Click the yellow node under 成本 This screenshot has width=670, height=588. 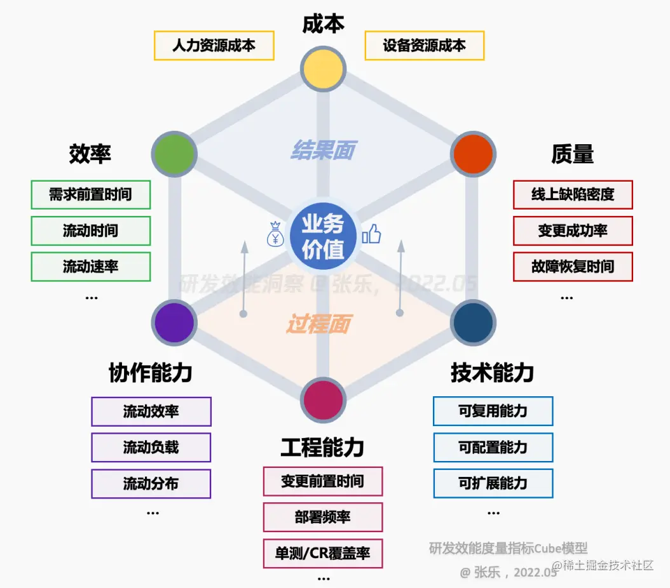(x=323, y=68)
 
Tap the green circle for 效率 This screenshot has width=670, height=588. (x=174, y=153)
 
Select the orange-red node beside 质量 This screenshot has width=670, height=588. (x=473, y=153)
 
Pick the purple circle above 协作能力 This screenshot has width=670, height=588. (x=174, y=323)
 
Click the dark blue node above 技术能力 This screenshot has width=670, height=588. (x=473, y=323)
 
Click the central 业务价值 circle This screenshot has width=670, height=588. (x=323, y=236)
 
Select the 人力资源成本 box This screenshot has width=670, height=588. (x=214, y=46)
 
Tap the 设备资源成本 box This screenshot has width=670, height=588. (x=425, y=46)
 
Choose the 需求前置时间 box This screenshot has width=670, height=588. (x=91, y=195)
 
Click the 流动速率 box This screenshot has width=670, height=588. (x=91, y=267)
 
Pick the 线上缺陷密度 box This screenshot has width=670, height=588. (x=573, y=195)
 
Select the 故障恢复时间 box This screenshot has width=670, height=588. (x=573, y=267)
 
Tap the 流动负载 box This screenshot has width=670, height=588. (x=151, y=448)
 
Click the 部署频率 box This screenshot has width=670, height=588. (x=323, y=517)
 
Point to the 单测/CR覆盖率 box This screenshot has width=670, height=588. (x=323, y=553)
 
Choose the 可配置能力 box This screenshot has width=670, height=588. (x=493, y=448)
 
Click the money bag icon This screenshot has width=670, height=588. (x=275, y=234)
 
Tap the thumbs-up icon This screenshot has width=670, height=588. (x=371, y=234)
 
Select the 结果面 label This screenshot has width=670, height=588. (x=323, y=150)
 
